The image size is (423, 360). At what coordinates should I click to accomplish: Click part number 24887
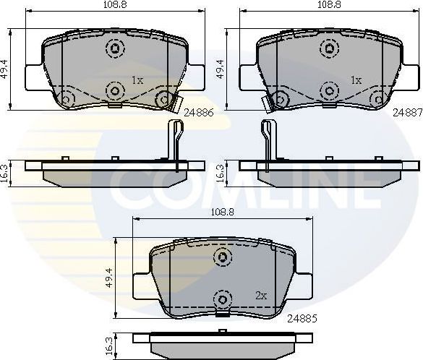[407, 113]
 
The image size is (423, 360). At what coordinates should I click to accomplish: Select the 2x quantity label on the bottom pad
[261, 296]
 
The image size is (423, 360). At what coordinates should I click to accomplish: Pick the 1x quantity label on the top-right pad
[356, 80]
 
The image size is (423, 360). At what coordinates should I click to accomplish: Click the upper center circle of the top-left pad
[114, 49]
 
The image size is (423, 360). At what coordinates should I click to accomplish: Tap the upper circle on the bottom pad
[223, 257]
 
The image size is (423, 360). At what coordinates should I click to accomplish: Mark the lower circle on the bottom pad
[223, 297]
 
